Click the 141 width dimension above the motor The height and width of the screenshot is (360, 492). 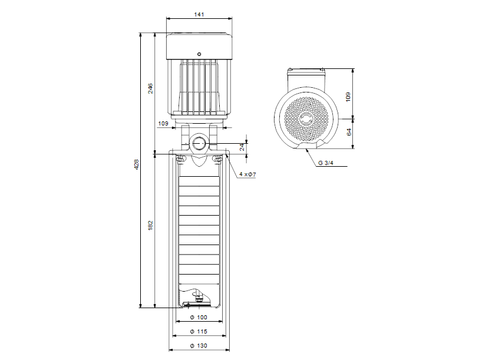point(199,15)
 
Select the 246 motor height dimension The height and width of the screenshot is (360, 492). point(150,88)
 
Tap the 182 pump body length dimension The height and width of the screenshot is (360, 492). point(150,225)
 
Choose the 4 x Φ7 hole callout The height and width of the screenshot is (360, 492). point(247,174)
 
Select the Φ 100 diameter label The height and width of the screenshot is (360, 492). point(199,318)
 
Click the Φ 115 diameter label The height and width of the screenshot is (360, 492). point(199,332)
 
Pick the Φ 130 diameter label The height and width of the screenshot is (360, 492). point(199,346)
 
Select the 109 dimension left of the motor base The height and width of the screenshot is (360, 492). point(163,124)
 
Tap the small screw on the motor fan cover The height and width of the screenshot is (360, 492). point(199,54)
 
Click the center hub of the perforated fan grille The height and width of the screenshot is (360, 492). point(306,120)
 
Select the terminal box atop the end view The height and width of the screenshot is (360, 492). point(306,73)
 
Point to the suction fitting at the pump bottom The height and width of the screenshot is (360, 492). point(197,299)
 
